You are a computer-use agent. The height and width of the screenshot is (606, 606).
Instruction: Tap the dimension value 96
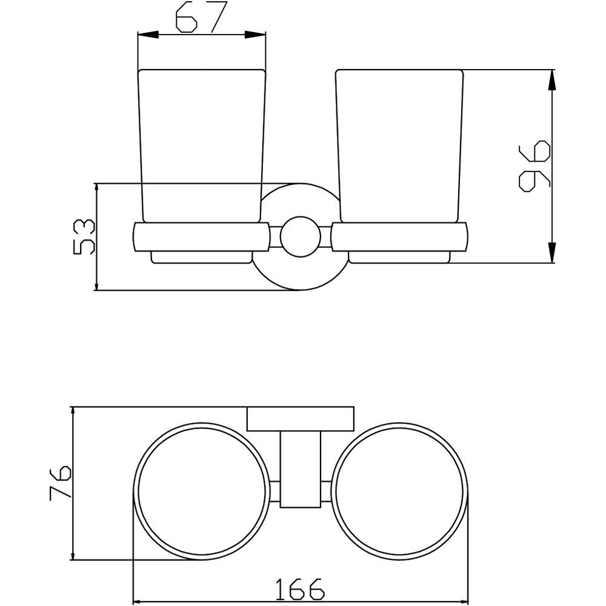(x=534, y=166)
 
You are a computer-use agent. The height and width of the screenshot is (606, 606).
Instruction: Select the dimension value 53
(x=83, y=236)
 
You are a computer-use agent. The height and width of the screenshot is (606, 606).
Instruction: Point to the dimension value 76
(x=60, y=483)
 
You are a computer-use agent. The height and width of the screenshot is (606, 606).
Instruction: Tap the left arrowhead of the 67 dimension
(x=148, y=35)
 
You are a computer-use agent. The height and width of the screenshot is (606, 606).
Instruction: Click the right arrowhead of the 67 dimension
(x=256, y=35)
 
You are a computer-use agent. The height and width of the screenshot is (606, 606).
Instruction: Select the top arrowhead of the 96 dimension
(x=552, y=80)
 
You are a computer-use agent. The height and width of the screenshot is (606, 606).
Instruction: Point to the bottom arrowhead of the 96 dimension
(x=552, y=253)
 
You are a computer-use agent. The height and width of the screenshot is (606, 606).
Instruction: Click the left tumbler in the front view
(x=202, y=146)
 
